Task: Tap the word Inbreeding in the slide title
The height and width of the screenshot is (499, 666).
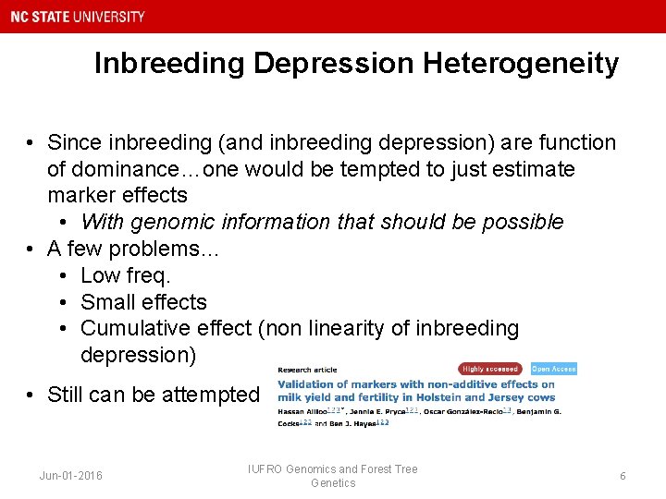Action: click(x=169, y=63)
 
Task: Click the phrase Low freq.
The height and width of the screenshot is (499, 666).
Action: click(x=126, y=275)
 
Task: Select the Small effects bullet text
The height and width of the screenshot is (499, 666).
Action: click(x=143, y=302)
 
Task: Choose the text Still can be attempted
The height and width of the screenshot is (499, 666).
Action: click(x=153, y=395)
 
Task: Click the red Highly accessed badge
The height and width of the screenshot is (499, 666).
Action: click(x=490, y=369)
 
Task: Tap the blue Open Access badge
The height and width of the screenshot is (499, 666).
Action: click(x=554, y=369)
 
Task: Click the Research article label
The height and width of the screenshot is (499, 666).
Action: click(x=308, y=370)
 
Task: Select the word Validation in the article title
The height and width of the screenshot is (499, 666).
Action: click(x=310, y=384)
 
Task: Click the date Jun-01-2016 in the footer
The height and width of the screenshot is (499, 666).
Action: click(x=71, y=476)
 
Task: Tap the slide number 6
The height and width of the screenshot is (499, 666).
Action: click(x=623, y=476)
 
